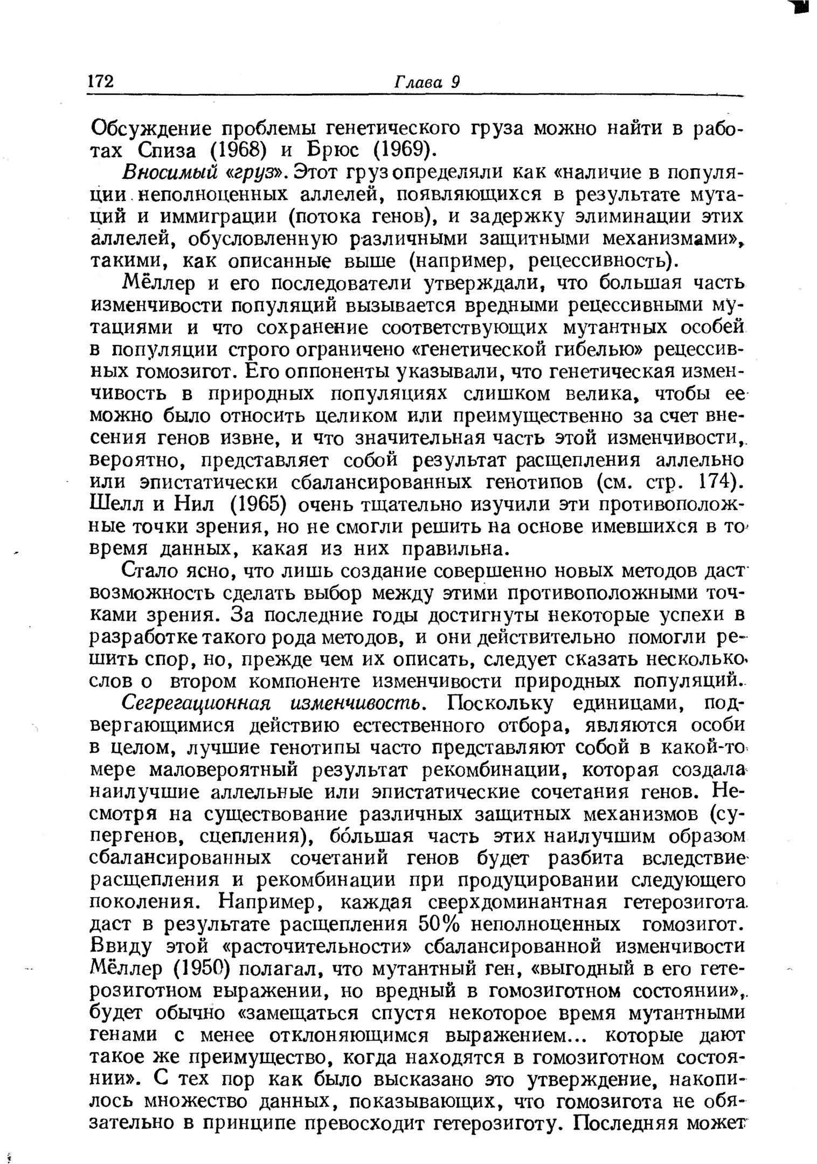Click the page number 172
click(101, 81)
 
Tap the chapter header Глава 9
click(426, 81)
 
